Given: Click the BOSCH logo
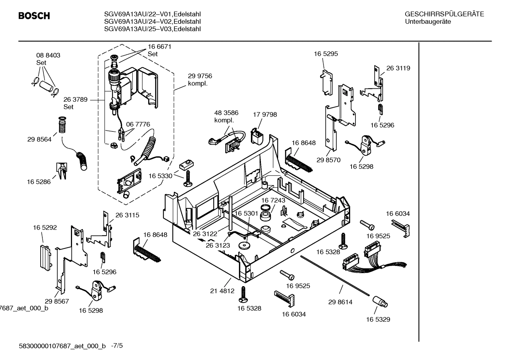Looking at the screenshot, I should pyautogui.click(x=34, y=16).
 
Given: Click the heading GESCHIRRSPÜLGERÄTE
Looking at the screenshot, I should pyautogui.click(x=444, y=14).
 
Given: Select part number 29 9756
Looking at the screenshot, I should pyautogui.click(x=200, y=76).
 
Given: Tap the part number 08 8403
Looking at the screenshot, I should pyautogui.click(x=48, y=55).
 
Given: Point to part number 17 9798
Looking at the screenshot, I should pyautogui.click(x=265, y=114).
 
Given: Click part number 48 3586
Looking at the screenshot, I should pyautogui.click(x=226, y=113).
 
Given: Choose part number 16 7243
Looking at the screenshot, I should pyautogui.click(x=273, y=200).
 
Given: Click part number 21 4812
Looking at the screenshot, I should pyautogui.click(x=222, y=291).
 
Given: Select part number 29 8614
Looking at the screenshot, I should pyautogui.click(x=340, y=302).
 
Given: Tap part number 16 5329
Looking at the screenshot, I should pyautogui.click(x=378, y=319).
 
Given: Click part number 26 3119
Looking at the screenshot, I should pyautogui.click(x=398, y=68).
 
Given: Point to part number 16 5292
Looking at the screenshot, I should pyautogui.click(x=45, y=228).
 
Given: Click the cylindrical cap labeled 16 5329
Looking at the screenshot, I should pyautogui.click(x=380, y=302).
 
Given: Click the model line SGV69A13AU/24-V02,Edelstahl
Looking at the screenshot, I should pyautogui.click(x=152, y=22).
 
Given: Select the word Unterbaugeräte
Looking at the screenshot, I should pyautogui.click(x=427, y=22).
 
